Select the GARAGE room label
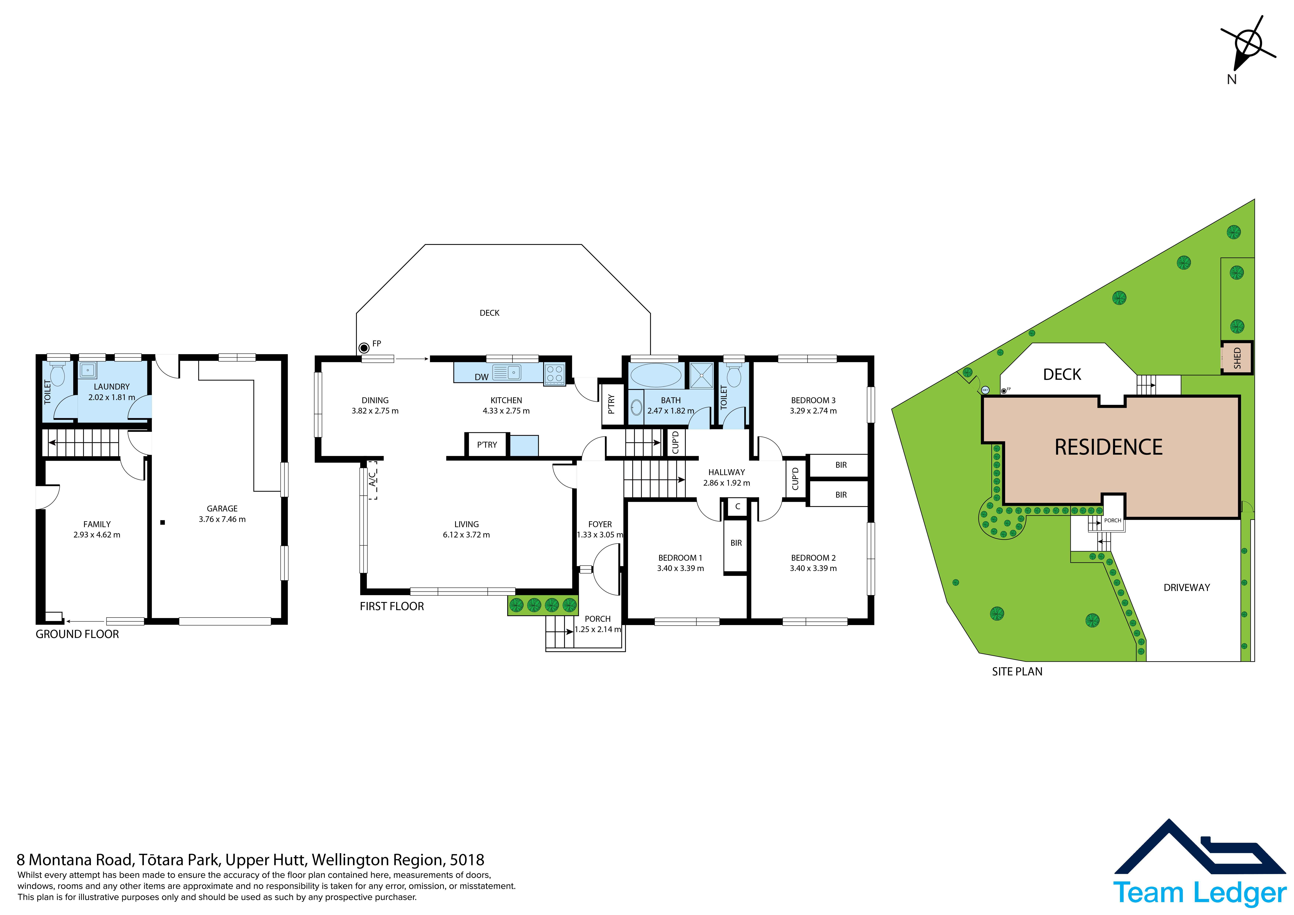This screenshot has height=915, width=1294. (222, 508)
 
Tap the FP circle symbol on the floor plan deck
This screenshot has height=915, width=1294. (364, 348)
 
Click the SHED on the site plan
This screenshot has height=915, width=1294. (1237, 357)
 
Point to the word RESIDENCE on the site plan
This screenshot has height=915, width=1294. (1109, 447)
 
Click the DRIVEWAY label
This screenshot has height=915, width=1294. (1187, 587)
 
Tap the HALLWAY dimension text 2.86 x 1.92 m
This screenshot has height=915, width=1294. (726, 483)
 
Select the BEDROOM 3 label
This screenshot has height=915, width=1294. (813, 400)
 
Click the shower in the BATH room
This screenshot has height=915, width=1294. (702, 375)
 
